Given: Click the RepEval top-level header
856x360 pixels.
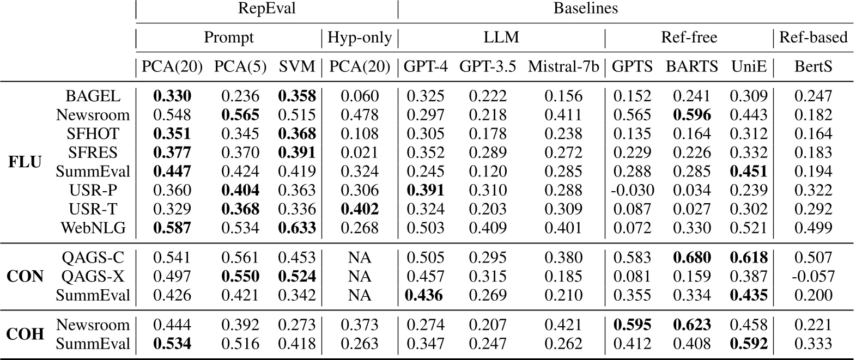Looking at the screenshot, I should (x=266, y=9).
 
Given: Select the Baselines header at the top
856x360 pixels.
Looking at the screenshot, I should (x=586, y=9).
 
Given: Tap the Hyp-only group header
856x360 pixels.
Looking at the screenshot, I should (x=360, y=38).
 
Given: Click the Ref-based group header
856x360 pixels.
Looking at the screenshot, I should (x=813, y=38).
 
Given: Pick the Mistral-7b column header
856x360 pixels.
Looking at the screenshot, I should (x=563, y=66).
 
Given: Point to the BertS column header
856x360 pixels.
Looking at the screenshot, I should (x=813, y=66).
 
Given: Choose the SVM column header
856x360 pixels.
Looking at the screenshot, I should (x=297, y=66).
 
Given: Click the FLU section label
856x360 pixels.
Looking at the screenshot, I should (x=25, y=162).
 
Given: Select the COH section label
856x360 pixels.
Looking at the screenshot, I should (x=25, y=334).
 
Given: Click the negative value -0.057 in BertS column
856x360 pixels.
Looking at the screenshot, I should (x=813, y=276).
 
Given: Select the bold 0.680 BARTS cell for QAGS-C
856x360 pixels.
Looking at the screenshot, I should (x=692, y=257).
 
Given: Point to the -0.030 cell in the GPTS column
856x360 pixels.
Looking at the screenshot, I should (x=632, y=190).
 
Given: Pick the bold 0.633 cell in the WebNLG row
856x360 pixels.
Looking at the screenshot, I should (x=297, y=228).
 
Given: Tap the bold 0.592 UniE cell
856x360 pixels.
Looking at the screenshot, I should (x=749, y=344).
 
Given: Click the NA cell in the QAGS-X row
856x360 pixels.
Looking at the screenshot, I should (x=360, y=276).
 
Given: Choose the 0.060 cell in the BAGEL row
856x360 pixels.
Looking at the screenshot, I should (x=360, y=96).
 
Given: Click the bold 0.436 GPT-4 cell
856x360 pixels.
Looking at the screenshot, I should (x=425, y=295).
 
